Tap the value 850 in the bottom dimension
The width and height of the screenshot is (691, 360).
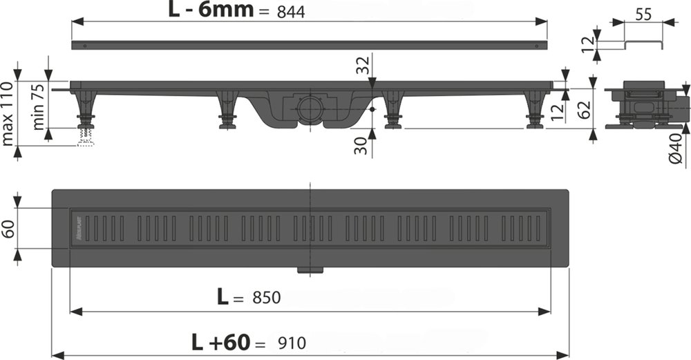265,298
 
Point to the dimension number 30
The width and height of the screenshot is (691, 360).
361,145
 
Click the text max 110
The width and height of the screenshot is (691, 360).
8,113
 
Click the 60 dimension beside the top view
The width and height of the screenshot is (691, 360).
8,229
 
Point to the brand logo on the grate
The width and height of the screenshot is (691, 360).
79,228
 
